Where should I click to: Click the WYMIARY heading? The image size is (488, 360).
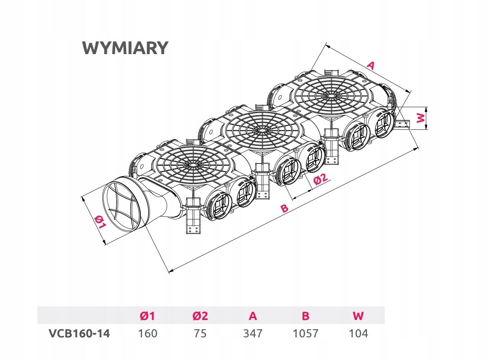coord(126,48)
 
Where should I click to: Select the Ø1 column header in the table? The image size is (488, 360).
coord(147,316)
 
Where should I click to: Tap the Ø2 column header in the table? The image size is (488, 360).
coord(200,316)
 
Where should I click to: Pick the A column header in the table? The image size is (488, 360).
coord(253,316)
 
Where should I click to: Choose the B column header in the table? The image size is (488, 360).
coord(305,316)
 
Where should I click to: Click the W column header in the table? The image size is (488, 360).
coord(358,316)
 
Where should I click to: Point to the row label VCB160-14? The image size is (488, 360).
coord(79,333)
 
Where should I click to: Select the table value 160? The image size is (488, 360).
coord(148,333)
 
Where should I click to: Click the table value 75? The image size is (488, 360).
coord(200,333)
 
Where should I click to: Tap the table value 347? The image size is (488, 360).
coord(253,333)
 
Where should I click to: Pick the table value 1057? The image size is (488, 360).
coord(305,333)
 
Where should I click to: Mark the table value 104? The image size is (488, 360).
coord(358,333)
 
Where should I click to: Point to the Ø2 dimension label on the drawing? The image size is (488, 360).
coord(321,179)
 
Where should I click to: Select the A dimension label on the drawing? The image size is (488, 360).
coord(371,65)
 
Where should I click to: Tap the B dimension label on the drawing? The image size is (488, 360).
coord(284,208)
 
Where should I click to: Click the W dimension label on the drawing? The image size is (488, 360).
coord(421,118)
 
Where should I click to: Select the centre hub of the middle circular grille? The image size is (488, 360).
coord(261,130)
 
